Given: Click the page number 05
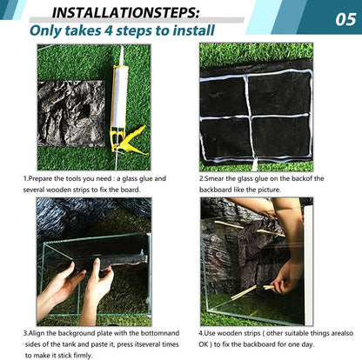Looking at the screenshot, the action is pos(345,20).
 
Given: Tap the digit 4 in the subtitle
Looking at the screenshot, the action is pos(108,30).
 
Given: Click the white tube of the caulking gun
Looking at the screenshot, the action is pos(120,97).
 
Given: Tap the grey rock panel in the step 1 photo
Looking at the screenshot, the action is pos(71,113).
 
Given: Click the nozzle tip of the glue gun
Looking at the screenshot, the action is pos(122,47).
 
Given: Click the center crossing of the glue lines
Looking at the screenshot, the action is pos(250,117).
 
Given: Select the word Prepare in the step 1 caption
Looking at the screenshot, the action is pos(39,178).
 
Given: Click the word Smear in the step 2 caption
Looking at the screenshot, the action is pos(214,178).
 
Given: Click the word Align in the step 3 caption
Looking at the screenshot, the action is pos(37,333).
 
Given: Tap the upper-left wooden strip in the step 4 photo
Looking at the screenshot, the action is pos(228,224).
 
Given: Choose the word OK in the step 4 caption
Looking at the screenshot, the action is pos(204,344).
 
